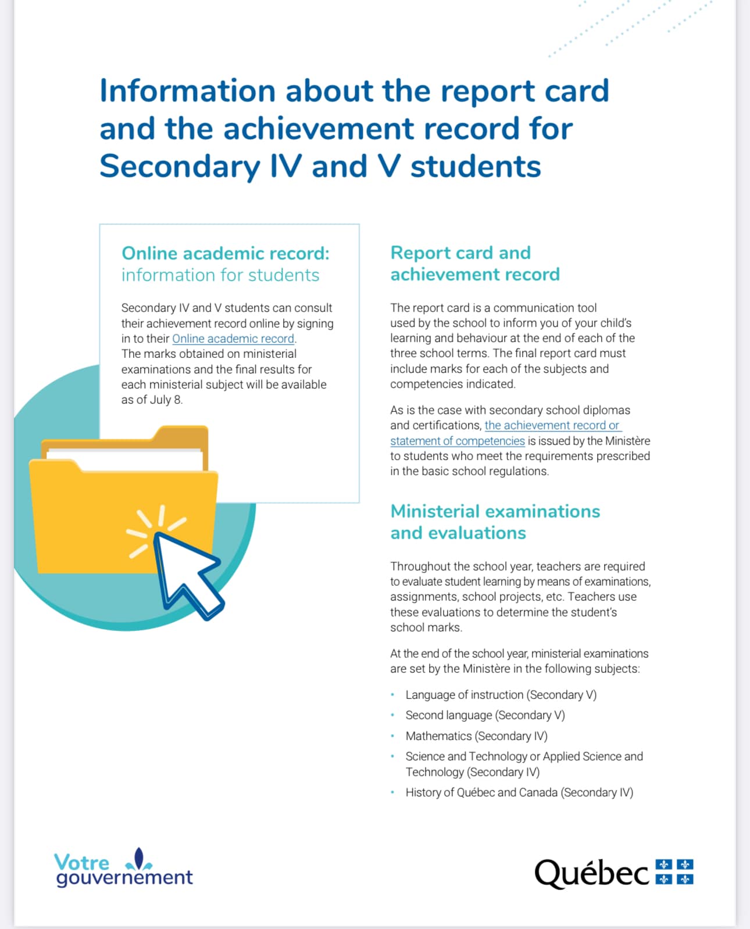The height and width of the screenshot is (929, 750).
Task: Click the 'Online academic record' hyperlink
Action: click(233, 339)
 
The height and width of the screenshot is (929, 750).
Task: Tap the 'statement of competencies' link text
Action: click(457, 441)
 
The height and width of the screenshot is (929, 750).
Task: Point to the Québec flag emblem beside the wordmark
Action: click(674, 871)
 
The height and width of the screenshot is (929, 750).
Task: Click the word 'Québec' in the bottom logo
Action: click(591, 873)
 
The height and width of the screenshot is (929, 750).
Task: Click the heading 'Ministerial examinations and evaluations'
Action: click(495, 522)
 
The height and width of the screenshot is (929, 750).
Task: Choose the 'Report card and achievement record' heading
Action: click(474, 263)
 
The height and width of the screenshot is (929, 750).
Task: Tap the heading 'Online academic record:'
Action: click(225, 253)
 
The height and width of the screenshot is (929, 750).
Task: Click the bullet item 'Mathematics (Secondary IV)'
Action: click(476, 736)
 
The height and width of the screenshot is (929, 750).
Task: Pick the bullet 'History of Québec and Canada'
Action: click(519, 792)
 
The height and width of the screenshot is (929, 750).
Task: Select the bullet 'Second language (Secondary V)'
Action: click(485, 715)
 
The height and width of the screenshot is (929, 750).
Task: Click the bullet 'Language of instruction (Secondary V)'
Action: click(501, 695)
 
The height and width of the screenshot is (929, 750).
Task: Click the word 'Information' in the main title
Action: click(187, 91)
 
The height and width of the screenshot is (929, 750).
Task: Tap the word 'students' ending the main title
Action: click(476, 166)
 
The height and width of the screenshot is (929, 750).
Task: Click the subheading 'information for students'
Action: click(220, 275)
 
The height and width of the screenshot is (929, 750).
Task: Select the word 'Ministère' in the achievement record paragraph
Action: click(627, 441)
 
